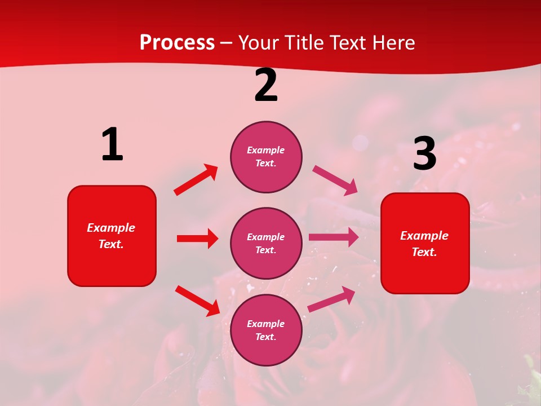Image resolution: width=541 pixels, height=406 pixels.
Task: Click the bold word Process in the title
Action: [177, 43]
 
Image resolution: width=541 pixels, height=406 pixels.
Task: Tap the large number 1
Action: [112, 145]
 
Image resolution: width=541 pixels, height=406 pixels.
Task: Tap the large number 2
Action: [266, 86]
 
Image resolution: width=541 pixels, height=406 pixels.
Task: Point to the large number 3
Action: [424, 154]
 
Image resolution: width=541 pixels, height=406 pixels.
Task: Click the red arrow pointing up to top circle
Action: [196, 180]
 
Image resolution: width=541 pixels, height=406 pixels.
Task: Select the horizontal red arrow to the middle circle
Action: [197, 239]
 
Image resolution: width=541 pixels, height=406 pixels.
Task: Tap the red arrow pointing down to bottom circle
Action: [197, 300]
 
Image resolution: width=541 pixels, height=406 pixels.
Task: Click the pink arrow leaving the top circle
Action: [335, 180]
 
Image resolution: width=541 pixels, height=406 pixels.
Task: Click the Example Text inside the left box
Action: [111, 236]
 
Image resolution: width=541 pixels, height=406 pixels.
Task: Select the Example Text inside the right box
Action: [424, 244]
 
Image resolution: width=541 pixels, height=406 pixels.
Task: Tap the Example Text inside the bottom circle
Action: [265, 330]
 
